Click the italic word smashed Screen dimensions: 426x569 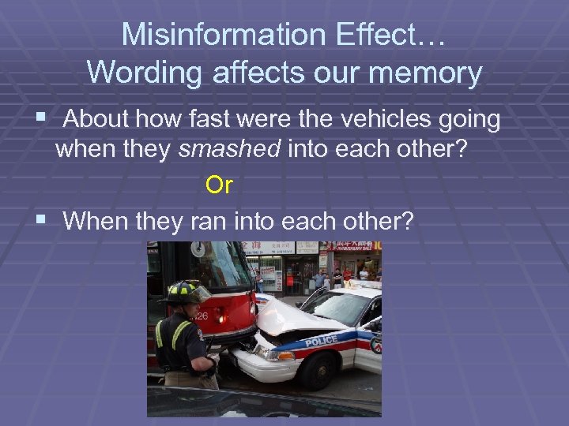230,150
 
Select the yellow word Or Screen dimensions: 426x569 219,185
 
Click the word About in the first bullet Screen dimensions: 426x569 99,120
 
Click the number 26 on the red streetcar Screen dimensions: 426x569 203,318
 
